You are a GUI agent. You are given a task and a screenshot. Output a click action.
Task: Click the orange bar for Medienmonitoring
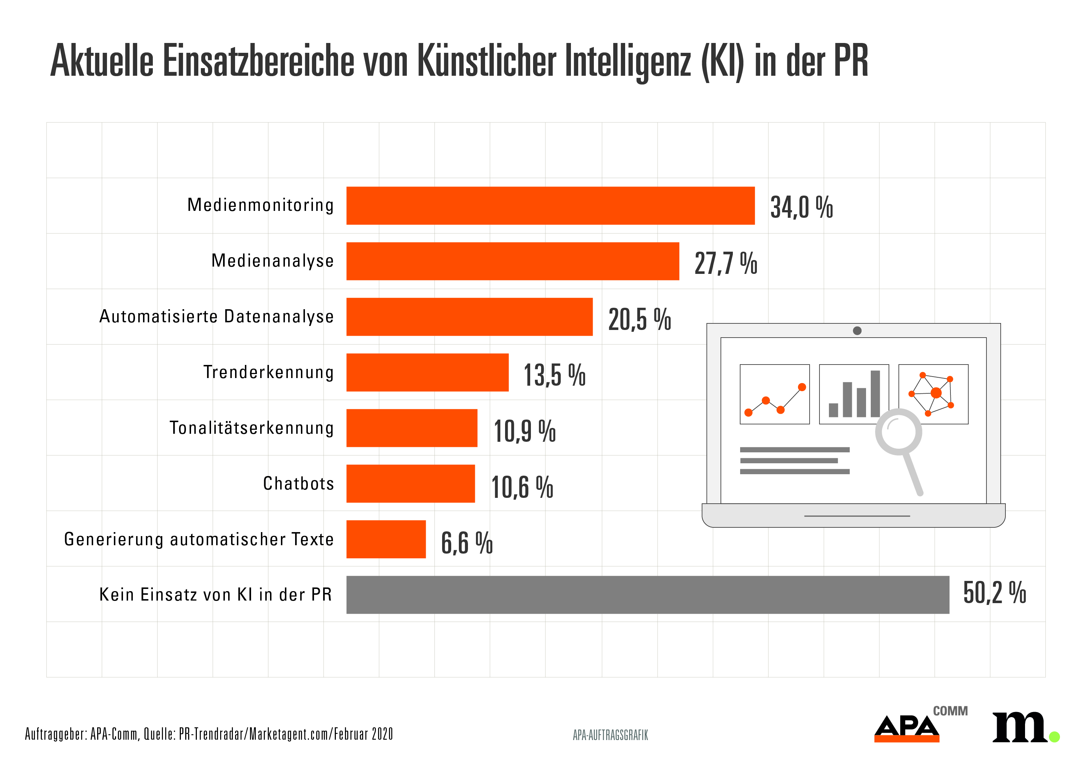tap(550, 205)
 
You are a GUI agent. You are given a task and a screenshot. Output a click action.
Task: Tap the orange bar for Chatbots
tap(410, 483)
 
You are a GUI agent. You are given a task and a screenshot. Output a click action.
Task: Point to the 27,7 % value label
tap(725, 263)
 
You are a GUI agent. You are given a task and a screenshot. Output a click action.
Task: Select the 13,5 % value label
tap(554, 375)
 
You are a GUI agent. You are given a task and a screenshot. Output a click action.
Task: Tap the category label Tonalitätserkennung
tap(251, 428)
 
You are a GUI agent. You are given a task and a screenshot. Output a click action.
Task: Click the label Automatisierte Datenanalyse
tap(216, 317)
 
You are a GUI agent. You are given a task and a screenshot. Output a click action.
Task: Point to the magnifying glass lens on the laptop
tap(898, 432)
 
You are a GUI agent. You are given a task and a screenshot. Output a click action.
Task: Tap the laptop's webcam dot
tap(857, 331)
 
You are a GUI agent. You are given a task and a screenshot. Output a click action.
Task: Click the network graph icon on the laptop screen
tap(933, 394)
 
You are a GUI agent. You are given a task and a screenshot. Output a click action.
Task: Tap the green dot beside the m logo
tap(1054, 737)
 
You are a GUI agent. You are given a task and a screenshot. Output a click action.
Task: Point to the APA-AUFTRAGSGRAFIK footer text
tap(610, 735)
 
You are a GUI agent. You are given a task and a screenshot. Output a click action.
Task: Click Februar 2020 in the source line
tap(363, 734)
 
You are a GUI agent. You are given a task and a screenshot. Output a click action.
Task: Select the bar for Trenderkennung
tap(427, 372)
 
